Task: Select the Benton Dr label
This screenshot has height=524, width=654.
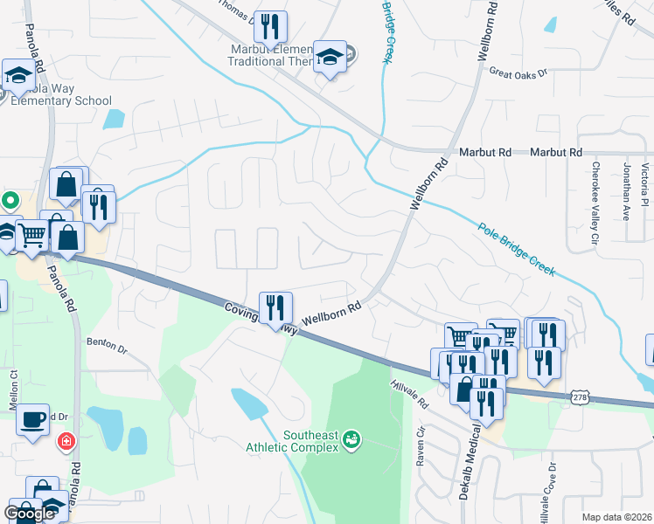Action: (x=107, y=346)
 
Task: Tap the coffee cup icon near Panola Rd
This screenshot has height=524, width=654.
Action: (x=34, y=419)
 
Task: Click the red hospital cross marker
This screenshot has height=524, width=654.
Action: (x=66, y=442)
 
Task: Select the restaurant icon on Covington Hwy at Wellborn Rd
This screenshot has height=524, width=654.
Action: (x=276, y=307)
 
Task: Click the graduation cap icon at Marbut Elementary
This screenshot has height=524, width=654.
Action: (x=330, y=58)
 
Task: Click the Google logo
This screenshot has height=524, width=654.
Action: (x=30, y=513)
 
